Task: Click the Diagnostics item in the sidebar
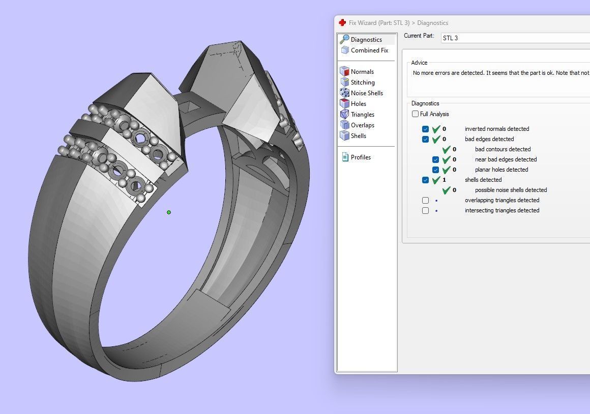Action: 366,40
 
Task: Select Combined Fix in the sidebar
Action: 369,50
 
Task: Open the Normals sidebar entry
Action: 362,72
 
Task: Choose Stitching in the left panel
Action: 362,82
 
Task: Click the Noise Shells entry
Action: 366,93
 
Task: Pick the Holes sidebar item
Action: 358,104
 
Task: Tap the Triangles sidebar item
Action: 362,115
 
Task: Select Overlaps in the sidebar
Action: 362,125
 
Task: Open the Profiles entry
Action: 360,157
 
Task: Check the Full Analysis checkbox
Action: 416,114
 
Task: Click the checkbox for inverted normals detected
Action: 426,129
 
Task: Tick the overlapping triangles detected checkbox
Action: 426,200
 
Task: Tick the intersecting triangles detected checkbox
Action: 426,210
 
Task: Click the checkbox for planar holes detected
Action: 436,170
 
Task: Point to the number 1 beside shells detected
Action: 444,180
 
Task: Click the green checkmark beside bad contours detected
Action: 446,149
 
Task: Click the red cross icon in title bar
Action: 342,23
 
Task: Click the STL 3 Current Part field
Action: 514,38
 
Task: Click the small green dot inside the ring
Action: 169,212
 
